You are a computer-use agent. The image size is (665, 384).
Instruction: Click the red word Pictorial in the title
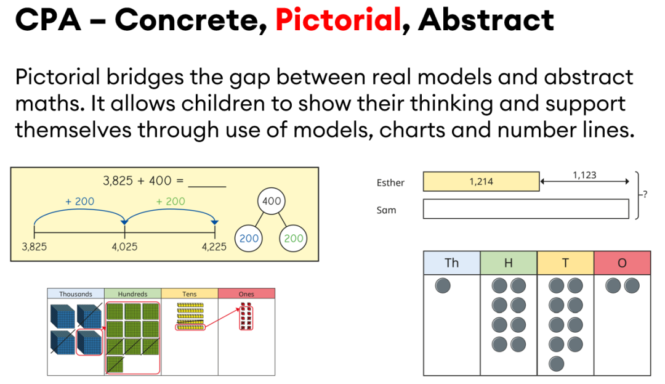pyautogui.click(x=338, y=20)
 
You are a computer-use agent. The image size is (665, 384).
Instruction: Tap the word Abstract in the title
pyautogui.click(x=486, y=20)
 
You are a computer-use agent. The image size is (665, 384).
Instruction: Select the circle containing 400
pyautogui.click(x=272, y=201)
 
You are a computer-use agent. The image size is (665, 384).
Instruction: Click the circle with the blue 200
pyautogui.click(x=249, y=238)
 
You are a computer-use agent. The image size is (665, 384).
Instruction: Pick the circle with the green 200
pyautogui.click(x=293, y=238)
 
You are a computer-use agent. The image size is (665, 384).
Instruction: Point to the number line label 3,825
pyautogui.click(x=34, y=247)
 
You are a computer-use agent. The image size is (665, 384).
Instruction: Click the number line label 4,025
pyautogui.click(x=124, y=247)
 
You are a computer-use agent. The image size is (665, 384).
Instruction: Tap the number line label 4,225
pyautogui.click(x=214, y=247)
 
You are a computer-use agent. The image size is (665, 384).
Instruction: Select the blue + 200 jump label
pyautogui.click(x=79, y=202)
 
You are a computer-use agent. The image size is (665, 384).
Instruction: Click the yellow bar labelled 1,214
pyautogui.click(x=482, y=182)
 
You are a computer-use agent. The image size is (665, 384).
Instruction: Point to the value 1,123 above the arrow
pyautogui.click(x=584, y=175)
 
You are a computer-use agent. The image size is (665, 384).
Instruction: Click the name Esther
pyautogui.click(x=390, y=182)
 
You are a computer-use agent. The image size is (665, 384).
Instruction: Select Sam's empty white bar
pyautogui.click(x=526, y=209)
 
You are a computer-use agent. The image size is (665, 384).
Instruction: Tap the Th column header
pyautogui.click(x=452, y=263)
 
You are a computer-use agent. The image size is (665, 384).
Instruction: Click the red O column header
pyautogui.click(x=622, y=263)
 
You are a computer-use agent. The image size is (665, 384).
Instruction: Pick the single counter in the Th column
pyautogui.click(x=443, y=285)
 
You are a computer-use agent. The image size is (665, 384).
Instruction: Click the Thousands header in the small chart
pyautogui.click(x=76, y=293)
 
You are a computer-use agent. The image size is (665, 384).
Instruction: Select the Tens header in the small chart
pyautogui.click(x=190, y=293)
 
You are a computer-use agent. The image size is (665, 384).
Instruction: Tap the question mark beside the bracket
pyautogui.click(x=645, y=194)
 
